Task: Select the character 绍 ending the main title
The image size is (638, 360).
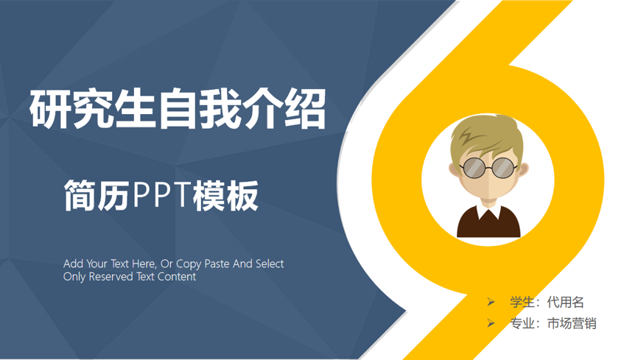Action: point(305,109)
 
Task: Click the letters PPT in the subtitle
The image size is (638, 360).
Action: point(161,195)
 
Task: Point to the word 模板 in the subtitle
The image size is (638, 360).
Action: point(225,196)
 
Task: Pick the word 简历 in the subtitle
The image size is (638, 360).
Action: point(97,196)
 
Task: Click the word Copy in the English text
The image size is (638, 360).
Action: point(189,264)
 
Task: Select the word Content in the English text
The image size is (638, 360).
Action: point(177,277)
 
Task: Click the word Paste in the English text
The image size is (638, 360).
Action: point(217,264)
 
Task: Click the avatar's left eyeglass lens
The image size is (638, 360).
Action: point(474,168)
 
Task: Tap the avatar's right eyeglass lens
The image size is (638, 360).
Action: point(503,167)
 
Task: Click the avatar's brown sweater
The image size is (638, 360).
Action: point(488,223)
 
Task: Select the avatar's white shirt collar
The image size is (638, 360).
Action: point(488,211)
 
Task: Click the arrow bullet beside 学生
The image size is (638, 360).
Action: point(491,302)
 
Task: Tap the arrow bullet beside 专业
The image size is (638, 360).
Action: point(491,323)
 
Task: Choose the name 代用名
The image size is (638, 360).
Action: point(566,303)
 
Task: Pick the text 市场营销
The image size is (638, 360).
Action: point(572,323)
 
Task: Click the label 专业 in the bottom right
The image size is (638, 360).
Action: point(522,323)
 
